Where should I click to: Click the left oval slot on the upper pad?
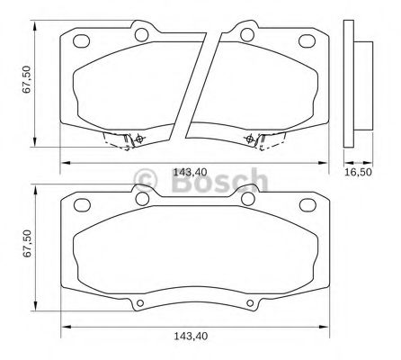click(x=82, y=40)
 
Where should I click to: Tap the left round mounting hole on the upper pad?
click(x=140, y=35)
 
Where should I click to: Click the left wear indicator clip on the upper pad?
click(x=127, y=139)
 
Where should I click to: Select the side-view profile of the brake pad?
click(x=359, y=81)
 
